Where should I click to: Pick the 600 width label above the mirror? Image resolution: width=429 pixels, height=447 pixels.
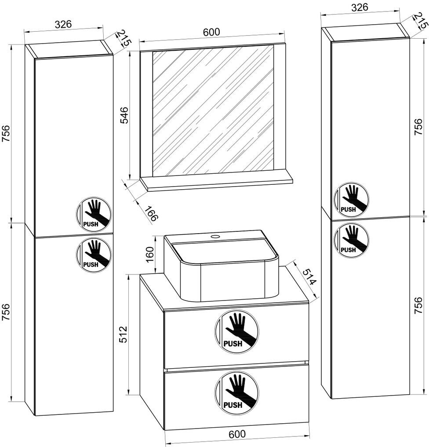[x=211, y=32]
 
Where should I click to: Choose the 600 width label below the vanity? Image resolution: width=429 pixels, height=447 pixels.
[x=237, y=434]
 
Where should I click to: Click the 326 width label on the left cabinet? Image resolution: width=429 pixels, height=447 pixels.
[x=63, y=25]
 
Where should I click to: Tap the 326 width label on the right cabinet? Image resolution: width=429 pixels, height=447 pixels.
[x=359, y=7]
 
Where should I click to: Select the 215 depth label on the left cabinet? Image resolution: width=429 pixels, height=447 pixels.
[x=124, y=40]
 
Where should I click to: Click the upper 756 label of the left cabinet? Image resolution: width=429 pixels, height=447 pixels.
[x=6, y=133]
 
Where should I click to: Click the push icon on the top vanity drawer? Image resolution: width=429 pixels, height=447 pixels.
[x=236, y=330]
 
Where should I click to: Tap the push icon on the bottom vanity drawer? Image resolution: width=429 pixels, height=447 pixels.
[x=236, y=392]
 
